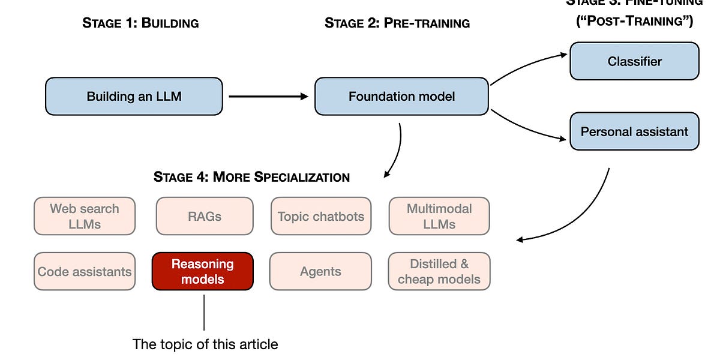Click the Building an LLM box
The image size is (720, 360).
(134, 96)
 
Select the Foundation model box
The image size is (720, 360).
(401, 96)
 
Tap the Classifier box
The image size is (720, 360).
(634, 61)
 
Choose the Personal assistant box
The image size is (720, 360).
(634, 131)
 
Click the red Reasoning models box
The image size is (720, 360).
(203, 271)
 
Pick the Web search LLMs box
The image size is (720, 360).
(85, 216)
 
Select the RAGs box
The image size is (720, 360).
(205, 216)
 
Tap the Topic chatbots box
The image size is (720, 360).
(321, 216)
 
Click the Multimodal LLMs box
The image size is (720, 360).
(439, 216)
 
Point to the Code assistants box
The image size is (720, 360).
(85, 271)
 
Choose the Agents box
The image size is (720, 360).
(320, 271)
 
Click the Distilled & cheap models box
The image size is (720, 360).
(439, 271)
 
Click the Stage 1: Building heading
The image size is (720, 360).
(140, 23)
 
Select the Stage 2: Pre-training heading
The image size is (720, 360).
(397, 23)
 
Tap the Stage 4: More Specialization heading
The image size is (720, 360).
(251, 177)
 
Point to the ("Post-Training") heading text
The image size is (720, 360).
(634, 22)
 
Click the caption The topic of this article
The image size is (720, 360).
(205, 344)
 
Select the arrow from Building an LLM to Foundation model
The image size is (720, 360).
(268, 96)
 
